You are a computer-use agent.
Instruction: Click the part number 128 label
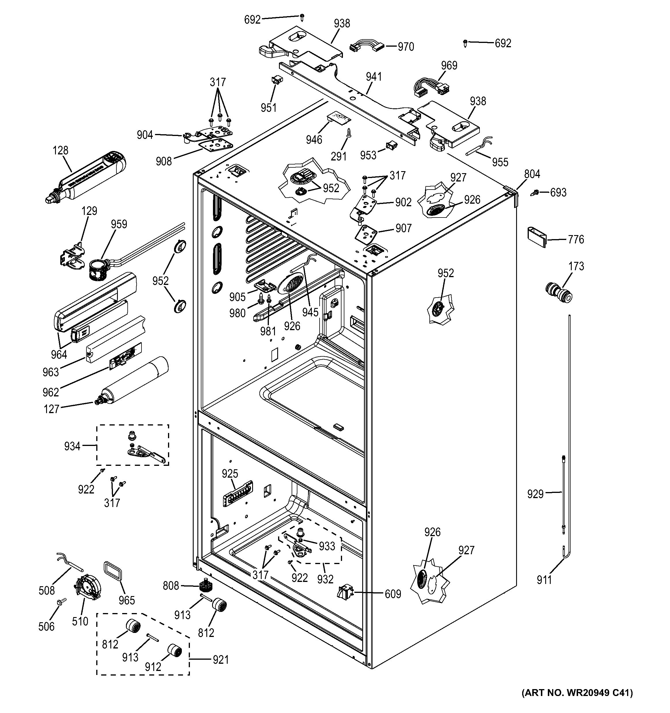[60, 150]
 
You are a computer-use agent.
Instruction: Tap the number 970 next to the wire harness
[406, 47]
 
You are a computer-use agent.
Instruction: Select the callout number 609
[393, 594]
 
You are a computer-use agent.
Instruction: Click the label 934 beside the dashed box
[72, 446]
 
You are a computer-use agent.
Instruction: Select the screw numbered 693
[535, 193]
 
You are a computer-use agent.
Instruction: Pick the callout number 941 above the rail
[374, 77]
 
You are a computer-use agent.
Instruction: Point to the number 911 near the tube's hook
[544, 580]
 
